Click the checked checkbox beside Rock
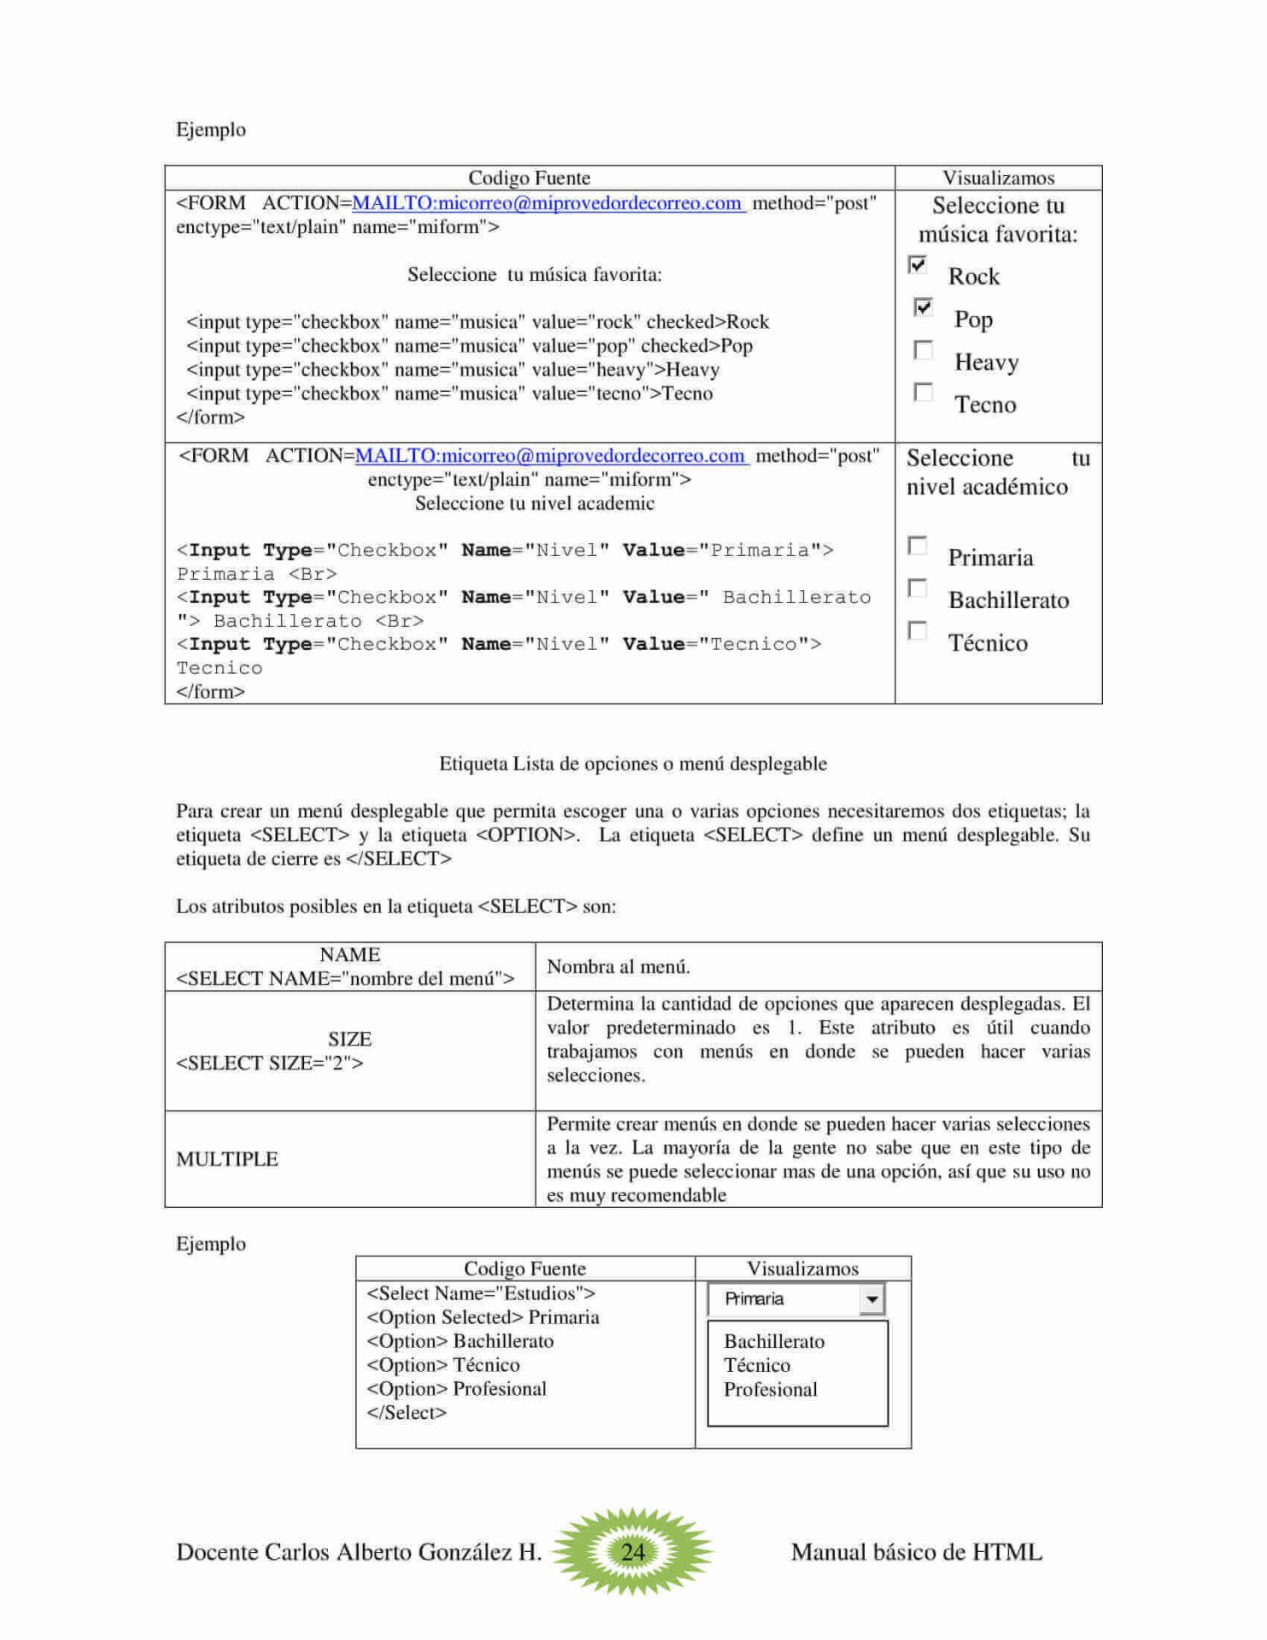pos(918,265)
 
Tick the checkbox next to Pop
pos(923,307)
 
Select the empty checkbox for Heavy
pos(923,350)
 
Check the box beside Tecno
pos(923,392)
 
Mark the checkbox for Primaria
pos(918,546)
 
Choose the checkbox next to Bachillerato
pos(918,589)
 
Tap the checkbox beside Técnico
pos(918,630)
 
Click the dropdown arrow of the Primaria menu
pos(871,1299)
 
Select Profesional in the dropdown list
pos(771,1390)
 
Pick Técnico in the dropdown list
pos(757,1366)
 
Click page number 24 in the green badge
pos(633,1551)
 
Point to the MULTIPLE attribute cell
pos(227,1159)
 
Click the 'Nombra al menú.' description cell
pos(619,967)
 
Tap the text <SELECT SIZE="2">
pos(270,1063)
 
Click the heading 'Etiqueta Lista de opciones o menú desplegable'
pos(633,764)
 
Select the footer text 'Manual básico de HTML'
pos(917,1552)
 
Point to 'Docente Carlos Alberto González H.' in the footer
pos(359,1552)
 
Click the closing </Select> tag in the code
pos(407,1413)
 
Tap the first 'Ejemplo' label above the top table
pos(211,130)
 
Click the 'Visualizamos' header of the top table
pos(998,178)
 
